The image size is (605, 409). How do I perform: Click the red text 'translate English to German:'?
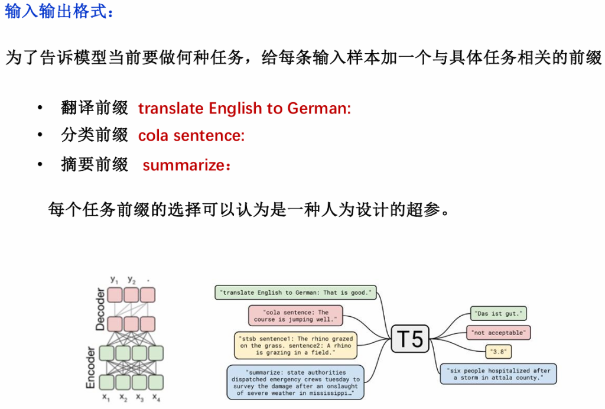(245, 108)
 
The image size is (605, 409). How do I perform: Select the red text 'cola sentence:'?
(191, 136)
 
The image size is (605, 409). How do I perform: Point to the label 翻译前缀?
(95, 108)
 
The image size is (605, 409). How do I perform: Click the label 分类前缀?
(95, 135)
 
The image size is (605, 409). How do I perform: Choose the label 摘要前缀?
(95, 165)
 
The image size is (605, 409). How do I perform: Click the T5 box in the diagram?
(410, 339)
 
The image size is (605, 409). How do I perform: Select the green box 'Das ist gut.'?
(498, 314)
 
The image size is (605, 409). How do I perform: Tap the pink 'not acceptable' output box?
(498, 333)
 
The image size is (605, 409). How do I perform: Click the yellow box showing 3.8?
(498, 352)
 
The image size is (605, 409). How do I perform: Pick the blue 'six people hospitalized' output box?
(498, 374)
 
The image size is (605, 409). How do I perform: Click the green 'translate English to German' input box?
(295, 293)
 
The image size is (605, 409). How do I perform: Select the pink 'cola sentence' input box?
(295, 316)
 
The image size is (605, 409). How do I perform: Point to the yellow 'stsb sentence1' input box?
(295, 345)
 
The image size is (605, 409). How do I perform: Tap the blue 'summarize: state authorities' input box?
(295, 382)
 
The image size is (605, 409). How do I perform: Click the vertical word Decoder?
(100, 309)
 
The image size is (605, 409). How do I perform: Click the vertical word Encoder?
(90, 367)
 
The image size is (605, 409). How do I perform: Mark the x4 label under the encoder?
(156, 397)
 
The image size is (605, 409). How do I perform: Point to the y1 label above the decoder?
(114, 280)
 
